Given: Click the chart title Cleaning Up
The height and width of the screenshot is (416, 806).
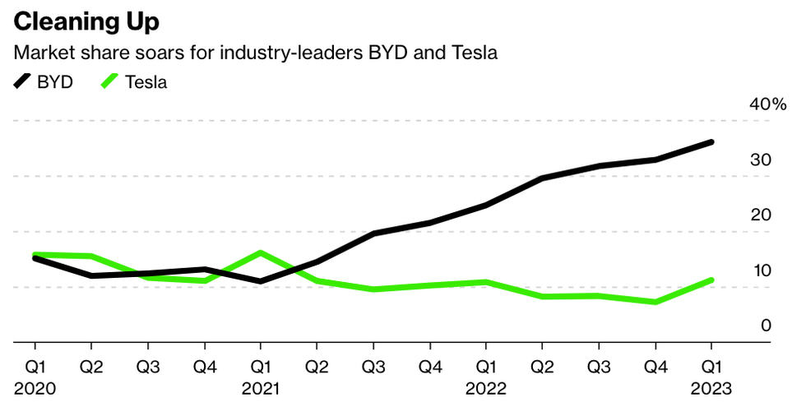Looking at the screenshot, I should (x=86, y=21).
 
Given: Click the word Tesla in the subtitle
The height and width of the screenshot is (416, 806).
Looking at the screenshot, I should (x=475, y=53).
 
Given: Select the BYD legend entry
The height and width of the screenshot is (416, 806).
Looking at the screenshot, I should (x=44, y=82).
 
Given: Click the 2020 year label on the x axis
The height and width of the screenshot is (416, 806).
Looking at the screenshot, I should (x=34, y=387).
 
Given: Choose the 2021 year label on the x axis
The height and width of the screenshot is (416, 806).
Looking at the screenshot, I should (x=261, y=387).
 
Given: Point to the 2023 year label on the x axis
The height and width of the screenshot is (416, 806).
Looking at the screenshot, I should (x=712, y=387).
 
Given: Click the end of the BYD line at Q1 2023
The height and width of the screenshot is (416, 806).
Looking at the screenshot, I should (x=711, y=142).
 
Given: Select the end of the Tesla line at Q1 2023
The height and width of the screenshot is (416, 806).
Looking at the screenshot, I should (x=711, y=280).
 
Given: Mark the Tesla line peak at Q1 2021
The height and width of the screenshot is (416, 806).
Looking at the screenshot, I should (x=260, y=252).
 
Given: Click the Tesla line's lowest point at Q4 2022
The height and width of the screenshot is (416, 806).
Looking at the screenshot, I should (x=655, y=302).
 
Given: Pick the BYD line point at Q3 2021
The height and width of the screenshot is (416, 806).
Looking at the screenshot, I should (x=373, y=233).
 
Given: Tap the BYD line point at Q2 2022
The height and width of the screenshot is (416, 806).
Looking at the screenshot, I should (x=543, y=178).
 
